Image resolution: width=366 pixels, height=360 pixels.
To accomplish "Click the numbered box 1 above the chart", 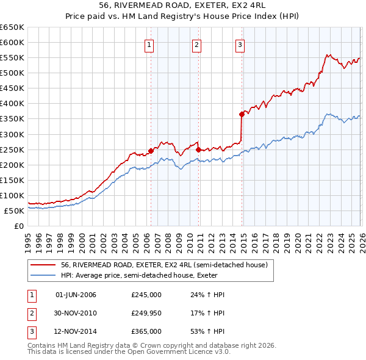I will (149, 44).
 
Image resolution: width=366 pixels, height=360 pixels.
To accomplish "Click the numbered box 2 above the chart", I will (197, 44).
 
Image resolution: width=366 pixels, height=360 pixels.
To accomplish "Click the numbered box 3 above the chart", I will (240, 44).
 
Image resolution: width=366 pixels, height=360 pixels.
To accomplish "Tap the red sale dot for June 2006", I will (151, 150).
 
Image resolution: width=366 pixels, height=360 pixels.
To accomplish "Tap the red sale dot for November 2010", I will (198, 149).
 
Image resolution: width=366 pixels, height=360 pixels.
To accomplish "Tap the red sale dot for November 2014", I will (242, 113).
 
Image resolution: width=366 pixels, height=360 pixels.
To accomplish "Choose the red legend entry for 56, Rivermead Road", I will (163, 265).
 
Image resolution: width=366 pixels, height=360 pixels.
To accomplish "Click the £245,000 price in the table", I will (146, 295).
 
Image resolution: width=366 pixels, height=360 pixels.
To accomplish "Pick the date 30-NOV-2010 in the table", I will (76, 313).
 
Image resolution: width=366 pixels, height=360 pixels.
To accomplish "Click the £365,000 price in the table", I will (146, 331).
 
